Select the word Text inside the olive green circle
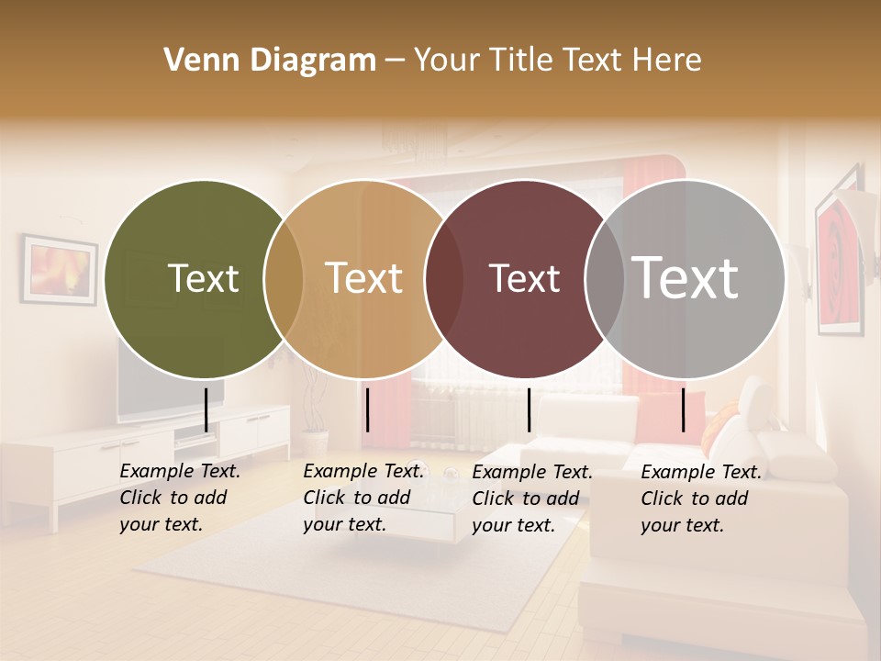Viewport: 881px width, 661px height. (204, 278)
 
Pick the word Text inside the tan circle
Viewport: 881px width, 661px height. (364, 278)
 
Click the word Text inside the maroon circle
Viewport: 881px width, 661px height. (524, 278)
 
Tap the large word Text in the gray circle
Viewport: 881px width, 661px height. (686, 277)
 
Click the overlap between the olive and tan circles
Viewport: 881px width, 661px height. (284, 278)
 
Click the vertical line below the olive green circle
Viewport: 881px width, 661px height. (206, 409)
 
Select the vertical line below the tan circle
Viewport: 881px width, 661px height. (367, 409)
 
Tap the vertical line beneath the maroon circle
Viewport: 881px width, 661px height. (529, 409)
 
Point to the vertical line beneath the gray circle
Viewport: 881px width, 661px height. (684, 409)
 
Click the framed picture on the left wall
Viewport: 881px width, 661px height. (60, 270)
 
